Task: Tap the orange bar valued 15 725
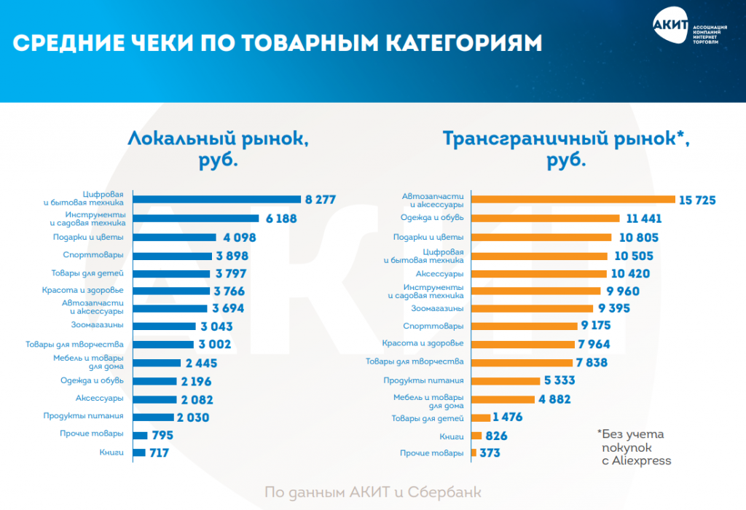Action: click(x=573, y=199)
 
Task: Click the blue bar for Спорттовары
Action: click(x=172, y=255)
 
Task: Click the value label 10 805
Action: click(x=637, y=237)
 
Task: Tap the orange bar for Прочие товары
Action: click(x=474, y=452)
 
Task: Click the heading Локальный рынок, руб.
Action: click(x=218, y=149)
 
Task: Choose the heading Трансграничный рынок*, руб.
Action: click(x=566, y=149)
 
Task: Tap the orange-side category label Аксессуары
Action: click(x=439, y=274)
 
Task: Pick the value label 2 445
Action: click(x=201, y=363)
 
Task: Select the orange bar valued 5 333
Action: click(x=504, y=380)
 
